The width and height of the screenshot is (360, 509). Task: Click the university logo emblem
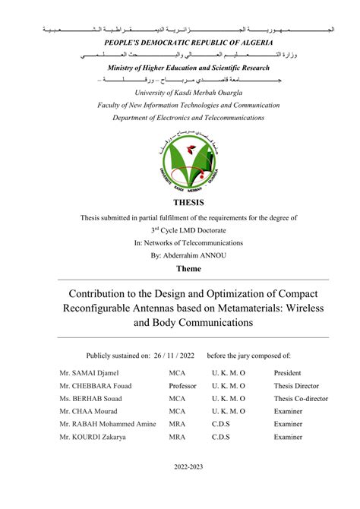189,161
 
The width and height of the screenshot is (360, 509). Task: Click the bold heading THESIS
189,203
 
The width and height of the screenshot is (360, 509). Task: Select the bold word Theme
189,269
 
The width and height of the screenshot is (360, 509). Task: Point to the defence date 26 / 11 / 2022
172,355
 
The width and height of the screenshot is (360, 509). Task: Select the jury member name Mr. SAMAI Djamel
89,374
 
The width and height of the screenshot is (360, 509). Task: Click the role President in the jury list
288,374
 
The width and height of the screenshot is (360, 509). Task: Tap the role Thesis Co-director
302,398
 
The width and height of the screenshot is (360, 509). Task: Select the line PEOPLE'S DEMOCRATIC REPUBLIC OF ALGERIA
188,45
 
